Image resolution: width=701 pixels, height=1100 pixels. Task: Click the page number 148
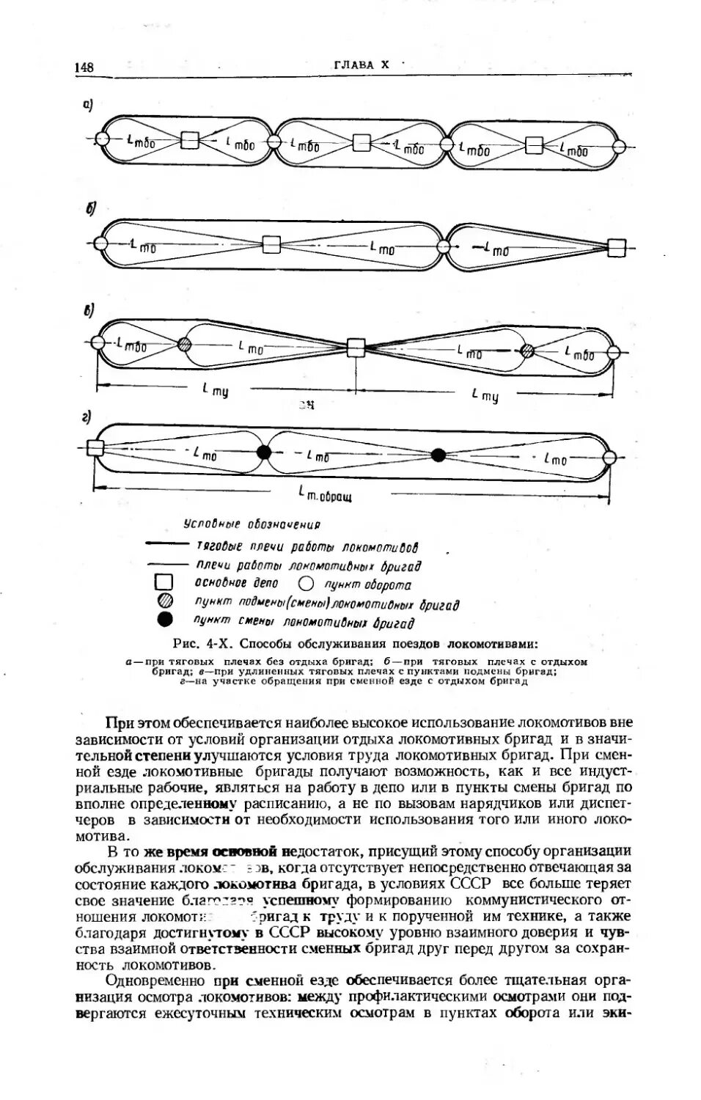pyautogui.click(x=84, y=67)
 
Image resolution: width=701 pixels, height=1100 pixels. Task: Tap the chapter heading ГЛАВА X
pyautogui.click(x=360, y=65)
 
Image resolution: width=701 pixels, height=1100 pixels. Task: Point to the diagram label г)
pyautogui.click(x=87, y=419)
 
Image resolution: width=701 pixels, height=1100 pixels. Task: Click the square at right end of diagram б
pyautogui.click(x=617, y=247)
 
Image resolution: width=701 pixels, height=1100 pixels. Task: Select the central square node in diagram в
pyautogui.click(x=356, y=347)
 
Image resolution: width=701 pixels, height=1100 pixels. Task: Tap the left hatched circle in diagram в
pyautogui.click(x=184, y=344)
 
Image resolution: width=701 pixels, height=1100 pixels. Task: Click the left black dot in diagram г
pyautogui.click(x=264, y=452)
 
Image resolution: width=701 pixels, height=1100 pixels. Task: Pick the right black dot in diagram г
pyautogui.click(x=438, y=455)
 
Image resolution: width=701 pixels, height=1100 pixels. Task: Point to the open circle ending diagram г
pyautogui.click(x=609, y=459)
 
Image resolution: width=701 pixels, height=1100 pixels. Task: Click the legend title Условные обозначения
pyautogui.click(x=252, y=525)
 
